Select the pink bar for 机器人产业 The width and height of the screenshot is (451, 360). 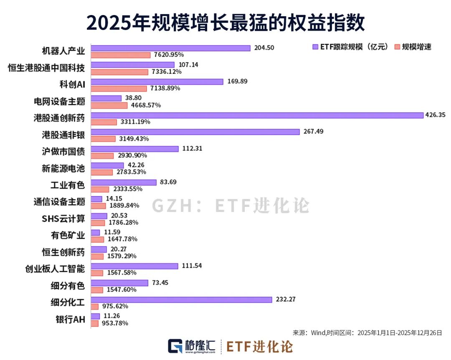click(x=121, y=55)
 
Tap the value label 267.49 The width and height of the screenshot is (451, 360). click(x=314, y=131)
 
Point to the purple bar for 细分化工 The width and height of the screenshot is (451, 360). click(x=181, y=300)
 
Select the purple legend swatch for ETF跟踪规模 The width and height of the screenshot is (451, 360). click(x=316, y=47)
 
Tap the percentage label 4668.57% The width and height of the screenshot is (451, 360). click(x=146, y=105)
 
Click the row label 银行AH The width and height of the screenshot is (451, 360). click(x=70, y=320)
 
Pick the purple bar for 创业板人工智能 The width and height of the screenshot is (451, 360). click(x=134, y=266)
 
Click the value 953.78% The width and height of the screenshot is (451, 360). click(x=114, y=323)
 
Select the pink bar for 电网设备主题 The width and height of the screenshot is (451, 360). click(x=109, y=105)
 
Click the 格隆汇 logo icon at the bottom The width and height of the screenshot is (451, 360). click(x=175, y=346)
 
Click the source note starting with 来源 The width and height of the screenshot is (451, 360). click(x=367, y=333)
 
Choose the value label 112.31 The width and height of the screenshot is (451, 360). click(x=194, y=148)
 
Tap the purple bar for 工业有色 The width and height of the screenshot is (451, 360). click(x=124, y=182)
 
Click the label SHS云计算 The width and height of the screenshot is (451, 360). click(x=63, y=219)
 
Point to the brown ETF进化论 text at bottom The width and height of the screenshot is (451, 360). click(x=259, y=346)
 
